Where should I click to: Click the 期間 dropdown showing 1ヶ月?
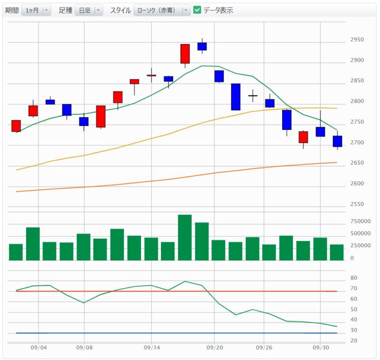point(36,10)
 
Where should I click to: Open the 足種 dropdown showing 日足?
point(89,10)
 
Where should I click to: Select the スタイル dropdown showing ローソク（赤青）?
point(162,10)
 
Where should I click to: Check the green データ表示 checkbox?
point(197,10)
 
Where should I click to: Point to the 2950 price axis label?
point(357,39)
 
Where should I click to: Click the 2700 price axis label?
point(357,142)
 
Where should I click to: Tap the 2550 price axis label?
point(357,204)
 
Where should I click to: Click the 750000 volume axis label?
point(361,221)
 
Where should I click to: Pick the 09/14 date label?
point(152,348)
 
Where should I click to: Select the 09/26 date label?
point(264,348)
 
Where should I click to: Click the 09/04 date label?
point(38,348)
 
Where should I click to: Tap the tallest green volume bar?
point(185,237)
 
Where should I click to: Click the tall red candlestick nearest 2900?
point(185,54)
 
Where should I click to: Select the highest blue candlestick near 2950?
point(202,46)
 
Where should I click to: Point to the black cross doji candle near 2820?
point(253,96)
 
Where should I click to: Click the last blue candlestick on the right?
point(337,141)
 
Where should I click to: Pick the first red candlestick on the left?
point(16,126)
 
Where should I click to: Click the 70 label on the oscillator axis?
point(354,288)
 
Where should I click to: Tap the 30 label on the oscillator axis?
point(354,330)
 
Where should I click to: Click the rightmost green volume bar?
point(337,253)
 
